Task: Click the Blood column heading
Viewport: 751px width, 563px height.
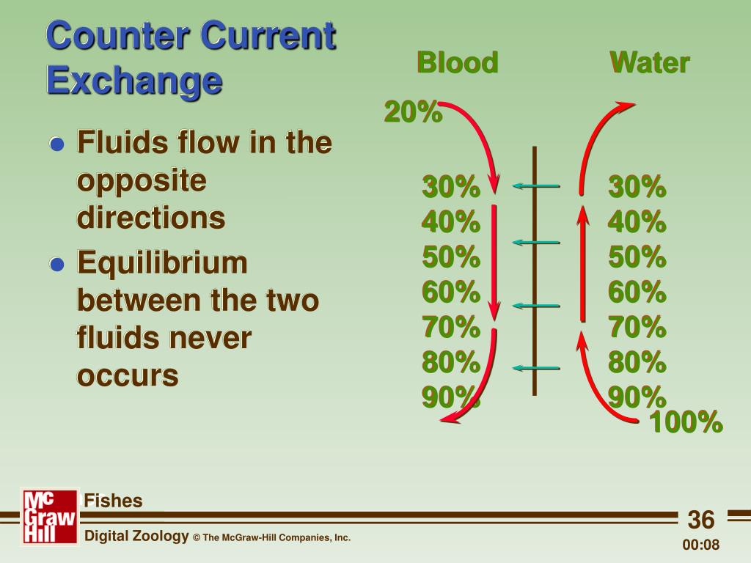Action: click(458, 63)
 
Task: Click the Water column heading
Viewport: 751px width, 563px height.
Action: click(650, 63)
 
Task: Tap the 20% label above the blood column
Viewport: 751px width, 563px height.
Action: click(413, 112)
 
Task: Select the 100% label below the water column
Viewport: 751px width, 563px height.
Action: click(686, 422)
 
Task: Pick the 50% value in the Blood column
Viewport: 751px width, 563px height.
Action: click(451, 257)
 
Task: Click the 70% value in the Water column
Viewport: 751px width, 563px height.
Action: click(637, 327)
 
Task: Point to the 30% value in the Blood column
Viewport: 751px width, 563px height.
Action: click(451, 186)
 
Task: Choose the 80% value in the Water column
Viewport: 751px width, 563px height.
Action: click(637, 362)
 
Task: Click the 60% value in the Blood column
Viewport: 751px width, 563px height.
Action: click(451, 292)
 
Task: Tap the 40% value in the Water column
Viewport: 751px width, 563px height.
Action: click(637, 221)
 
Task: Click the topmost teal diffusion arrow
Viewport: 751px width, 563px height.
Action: click(536, 185)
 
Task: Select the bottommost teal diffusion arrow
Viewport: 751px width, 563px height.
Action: click(536, 368)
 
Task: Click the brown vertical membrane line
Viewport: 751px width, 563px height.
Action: click(535, 271)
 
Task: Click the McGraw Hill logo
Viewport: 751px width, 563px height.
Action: click(50, 516)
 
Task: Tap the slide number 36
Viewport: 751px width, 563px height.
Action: click(700, 520)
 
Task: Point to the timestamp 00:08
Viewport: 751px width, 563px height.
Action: click(700, 545)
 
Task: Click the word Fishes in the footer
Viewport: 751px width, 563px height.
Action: click(113, 501)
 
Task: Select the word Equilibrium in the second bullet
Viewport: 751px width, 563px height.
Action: click(162, 264)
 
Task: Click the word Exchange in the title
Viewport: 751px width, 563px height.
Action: click(135, 81)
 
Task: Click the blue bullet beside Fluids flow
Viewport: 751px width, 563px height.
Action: click(57, 144)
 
